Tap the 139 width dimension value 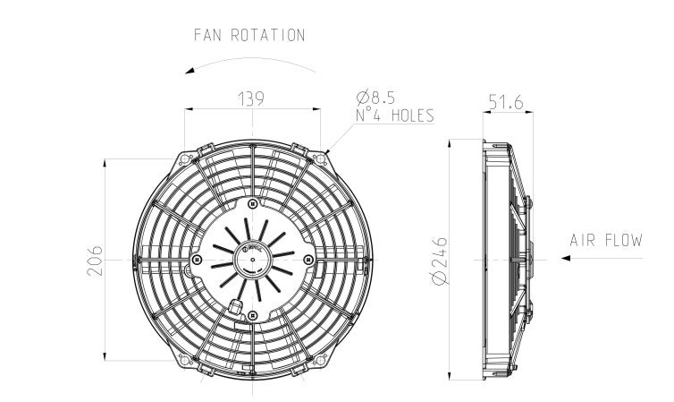pyautogui.click(x=251, y=98)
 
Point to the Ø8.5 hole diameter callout pyautogui.click(x=375, y=96)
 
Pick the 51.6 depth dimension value pyautogui.click(x=506, y=104)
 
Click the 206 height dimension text pyautogui.click(x=97, y=261)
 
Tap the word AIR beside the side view pyautogui.click(x=583, y=240)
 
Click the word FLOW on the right pyautogui.click(x=625, y=240)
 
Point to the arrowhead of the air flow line pyautogui.click(x=566, y=259)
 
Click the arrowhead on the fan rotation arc pyautogui.click(x=190, y=69)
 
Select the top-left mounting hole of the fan pyautogui.click(x=185, y=158)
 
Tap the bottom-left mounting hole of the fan pyautogui.click(x=185, y=360)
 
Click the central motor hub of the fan pyautogui.click(x=251, y=259)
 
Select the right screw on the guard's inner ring pyautogui.click(x=308, y=260)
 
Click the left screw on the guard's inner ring pyautogui.click(x=197, y=260)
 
